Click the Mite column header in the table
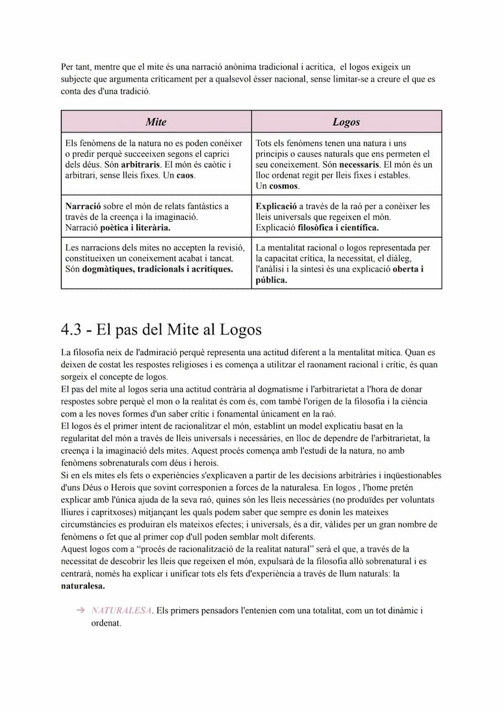[x=156, y=122]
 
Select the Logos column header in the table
[x=346, y=122]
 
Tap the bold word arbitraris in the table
[x=141, y=164]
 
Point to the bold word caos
[x=185, y=175]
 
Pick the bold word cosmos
[x=284, y=186]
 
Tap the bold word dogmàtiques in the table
[x=108, y=269]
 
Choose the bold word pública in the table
[x=271, y=280]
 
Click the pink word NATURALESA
[x=121, y=610]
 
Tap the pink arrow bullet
[x=80, y=610]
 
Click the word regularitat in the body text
[x=85, y=439]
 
